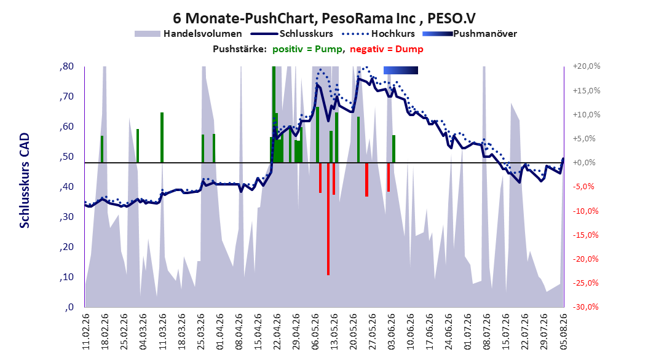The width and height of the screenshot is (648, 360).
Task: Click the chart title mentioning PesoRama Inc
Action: click(x=324, y=18)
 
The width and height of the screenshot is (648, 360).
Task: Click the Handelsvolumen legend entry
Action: click(x=188, y=34)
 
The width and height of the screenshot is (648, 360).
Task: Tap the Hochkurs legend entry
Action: click(x=377, y=34)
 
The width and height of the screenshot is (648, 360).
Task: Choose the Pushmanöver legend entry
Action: click(x=470, y=34)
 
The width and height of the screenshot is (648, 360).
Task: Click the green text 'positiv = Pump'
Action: click(x=307, y=49)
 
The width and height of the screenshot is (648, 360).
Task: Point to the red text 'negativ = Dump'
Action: click(x=387, y=49)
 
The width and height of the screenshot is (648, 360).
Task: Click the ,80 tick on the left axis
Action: click(x=66, y=66)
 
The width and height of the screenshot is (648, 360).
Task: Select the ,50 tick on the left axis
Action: click(x=66, y=157)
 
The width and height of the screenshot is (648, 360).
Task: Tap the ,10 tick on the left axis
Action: click(x=66, y=277)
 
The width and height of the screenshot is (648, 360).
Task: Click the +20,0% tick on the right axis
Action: click(x=586, y=66)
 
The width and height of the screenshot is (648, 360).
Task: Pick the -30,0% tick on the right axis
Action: click(x=586, y=307)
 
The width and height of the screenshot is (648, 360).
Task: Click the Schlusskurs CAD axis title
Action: click(x=25, y=181)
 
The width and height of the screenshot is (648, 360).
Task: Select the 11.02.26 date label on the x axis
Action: click(x=86, y=332)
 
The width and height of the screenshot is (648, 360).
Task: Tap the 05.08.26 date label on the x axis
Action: click(x=563, y=332)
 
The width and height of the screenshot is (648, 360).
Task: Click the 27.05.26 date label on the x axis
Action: click(x=372, y=332)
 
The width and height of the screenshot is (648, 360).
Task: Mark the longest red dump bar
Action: click(x=328, y=219)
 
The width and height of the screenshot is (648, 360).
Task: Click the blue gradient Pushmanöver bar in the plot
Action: click(x=401, y=70)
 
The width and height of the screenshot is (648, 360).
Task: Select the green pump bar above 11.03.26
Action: click(x=162, y=138)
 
